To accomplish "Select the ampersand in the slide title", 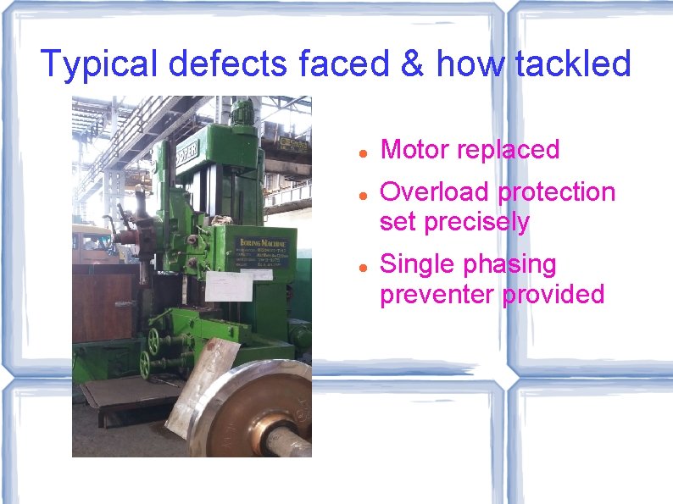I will point(411,64).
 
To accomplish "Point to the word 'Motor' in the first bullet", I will point(415,150).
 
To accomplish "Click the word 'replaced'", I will point(509,150).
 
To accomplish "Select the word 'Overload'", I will point(435,192).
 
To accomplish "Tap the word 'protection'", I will point(557,193).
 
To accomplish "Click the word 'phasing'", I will point(509,265).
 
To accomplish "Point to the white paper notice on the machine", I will point(228,287).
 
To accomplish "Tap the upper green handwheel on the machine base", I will point(153,341).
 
